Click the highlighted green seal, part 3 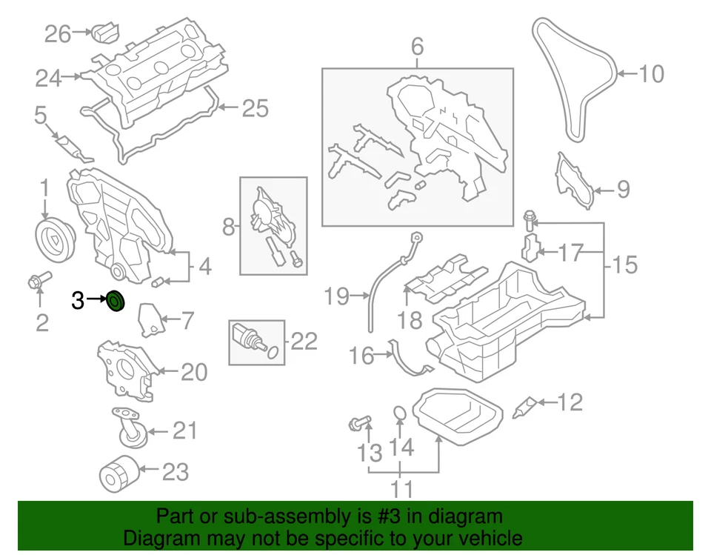coord(116,302)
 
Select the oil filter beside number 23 coord(118,472)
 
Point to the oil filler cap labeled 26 coord(104,33)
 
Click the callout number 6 coord(417,47)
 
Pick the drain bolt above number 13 coord(359,424)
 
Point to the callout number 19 coord(336,297)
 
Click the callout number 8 coord(228,226)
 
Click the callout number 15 coord(625,264)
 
